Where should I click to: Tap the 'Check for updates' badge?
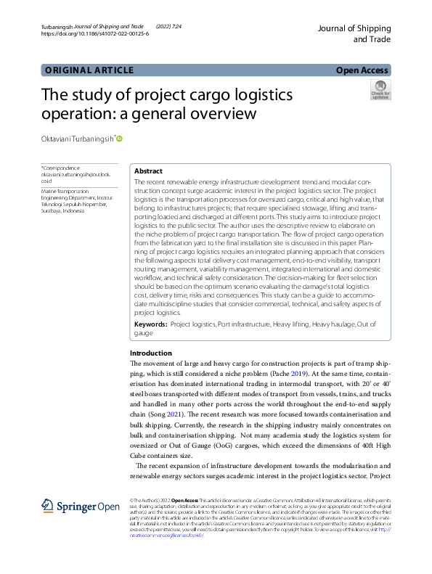point(380,89)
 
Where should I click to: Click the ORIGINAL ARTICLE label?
point(89,70)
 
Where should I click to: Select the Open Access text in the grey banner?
point(362,70)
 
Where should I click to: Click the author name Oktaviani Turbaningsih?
point(76,139)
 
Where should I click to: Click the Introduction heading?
point(151,353)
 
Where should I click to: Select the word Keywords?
point(151,326)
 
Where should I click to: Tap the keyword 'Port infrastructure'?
point(244,326)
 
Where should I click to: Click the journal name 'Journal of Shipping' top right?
point(354,28)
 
